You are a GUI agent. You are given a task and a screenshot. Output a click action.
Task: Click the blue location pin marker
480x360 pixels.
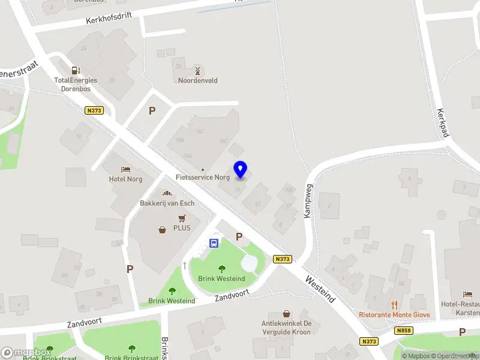240,170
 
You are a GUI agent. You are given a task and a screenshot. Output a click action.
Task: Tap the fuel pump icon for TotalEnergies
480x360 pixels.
76,71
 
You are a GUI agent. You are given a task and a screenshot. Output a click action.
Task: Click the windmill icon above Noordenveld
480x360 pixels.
197,71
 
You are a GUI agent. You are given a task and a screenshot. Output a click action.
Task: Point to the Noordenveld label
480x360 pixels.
197,80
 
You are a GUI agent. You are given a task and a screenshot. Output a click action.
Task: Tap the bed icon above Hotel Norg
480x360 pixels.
125,170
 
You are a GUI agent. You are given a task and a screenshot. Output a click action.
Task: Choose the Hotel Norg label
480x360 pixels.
125,179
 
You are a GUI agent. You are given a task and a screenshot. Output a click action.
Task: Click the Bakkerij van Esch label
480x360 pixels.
167,203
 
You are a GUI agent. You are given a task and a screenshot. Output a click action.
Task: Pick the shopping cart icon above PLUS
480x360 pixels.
182,218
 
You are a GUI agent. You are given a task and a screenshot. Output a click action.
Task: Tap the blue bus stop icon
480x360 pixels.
213,243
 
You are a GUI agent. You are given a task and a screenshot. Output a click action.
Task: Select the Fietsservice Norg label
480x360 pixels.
203,178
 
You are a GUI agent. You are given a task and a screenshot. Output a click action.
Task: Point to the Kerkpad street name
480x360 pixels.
443,123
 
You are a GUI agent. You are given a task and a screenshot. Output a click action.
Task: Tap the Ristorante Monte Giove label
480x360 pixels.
394,314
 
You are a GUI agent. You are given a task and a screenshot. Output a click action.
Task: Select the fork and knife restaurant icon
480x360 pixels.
394,305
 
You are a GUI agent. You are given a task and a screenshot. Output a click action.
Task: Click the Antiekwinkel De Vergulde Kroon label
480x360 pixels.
286,327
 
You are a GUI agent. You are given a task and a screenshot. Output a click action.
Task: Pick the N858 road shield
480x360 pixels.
403,331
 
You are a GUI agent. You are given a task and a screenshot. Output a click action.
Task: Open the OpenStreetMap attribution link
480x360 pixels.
455,356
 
